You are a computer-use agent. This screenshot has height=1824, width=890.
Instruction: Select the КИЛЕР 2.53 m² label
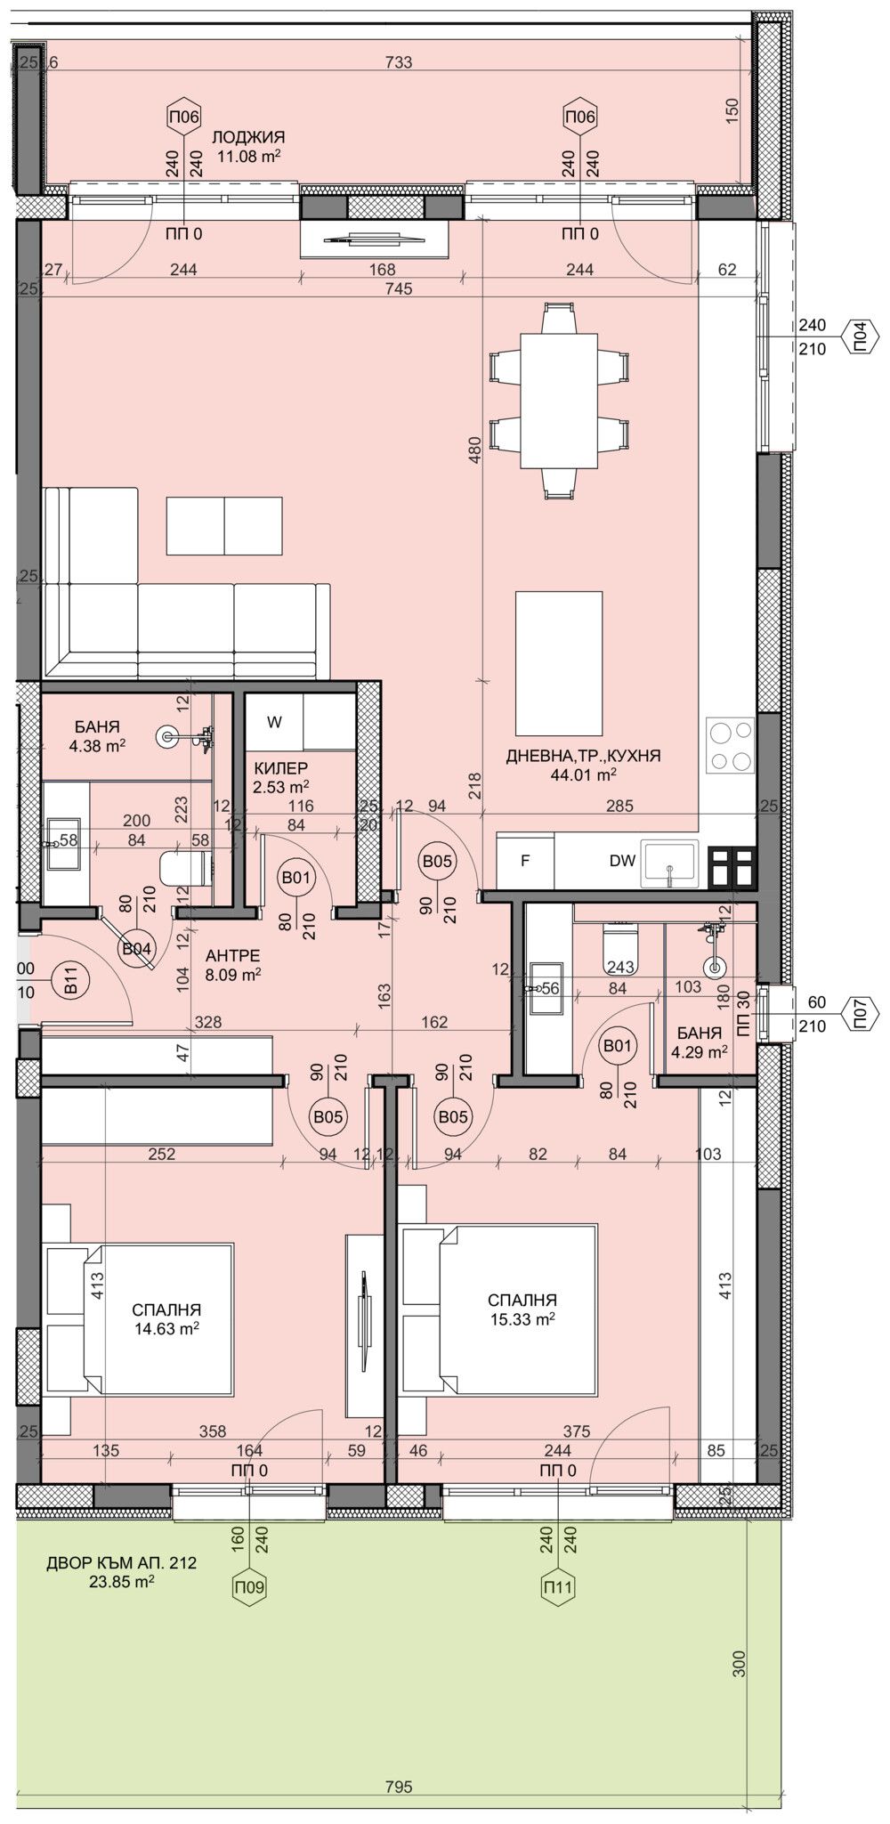coord(281,776)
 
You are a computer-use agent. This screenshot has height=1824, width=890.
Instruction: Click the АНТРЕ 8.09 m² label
coord(233,964)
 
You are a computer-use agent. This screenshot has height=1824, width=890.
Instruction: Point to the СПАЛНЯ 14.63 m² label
coord(166,1317)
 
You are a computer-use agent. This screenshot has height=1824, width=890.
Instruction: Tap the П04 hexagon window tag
coord(860,337)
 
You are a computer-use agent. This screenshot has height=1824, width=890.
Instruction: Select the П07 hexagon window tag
coord(860,1014)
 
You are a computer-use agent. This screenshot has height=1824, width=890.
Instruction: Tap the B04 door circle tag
coord(136,948)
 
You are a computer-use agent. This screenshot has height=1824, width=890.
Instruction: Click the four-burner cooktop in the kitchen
coord(730,745)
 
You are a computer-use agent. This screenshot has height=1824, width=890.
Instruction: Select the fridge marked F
coord(525,861)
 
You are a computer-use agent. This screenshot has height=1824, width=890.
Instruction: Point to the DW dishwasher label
coord(622,861)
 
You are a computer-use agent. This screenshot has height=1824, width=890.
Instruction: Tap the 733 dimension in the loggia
coord(400,62)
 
